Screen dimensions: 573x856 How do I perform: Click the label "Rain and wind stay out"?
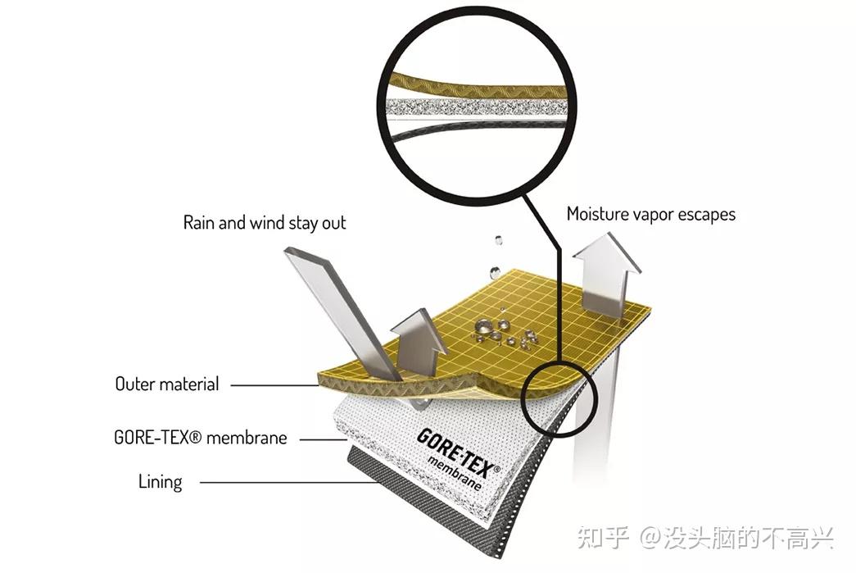(x=264, y=222)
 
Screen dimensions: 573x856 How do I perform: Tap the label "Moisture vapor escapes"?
(x=650, y=214)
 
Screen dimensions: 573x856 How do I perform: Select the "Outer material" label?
(x=167, y=384)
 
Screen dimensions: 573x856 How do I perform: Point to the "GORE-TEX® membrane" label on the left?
(x=201, y=438)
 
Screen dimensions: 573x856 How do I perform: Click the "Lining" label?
(x=160, y=481)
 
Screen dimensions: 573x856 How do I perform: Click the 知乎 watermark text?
(x=602, y=539)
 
